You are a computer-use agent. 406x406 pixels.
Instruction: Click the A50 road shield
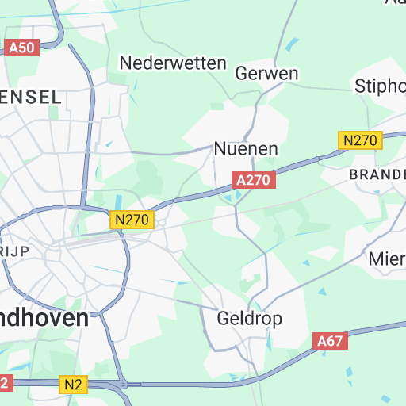pos(21,48)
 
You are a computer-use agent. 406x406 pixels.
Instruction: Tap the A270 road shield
pos(254,181)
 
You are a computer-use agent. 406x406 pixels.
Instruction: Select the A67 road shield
pos(331,342)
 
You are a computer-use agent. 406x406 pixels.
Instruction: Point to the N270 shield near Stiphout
pos(361,140)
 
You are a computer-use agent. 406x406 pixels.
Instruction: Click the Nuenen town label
pos(246,148)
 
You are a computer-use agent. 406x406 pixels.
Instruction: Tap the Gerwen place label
pos(267,74)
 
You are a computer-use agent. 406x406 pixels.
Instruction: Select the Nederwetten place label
pos(172,63)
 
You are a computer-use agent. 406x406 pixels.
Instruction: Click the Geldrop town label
pos(249,319)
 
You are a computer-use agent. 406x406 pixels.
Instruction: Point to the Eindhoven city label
pos(44,318)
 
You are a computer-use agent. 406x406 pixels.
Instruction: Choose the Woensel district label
pos(30,97)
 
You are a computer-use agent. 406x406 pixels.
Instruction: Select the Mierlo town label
pos(387,259)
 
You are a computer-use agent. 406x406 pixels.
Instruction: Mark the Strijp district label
pos(14,251)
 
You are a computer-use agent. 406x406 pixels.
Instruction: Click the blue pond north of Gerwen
pos(294,44)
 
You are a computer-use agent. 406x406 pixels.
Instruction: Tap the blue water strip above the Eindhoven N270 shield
pos(119,203)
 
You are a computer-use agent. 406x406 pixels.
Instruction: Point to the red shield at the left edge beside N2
pos(5,383)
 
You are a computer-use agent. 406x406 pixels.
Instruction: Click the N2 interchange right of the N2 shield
pos(123,385)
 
